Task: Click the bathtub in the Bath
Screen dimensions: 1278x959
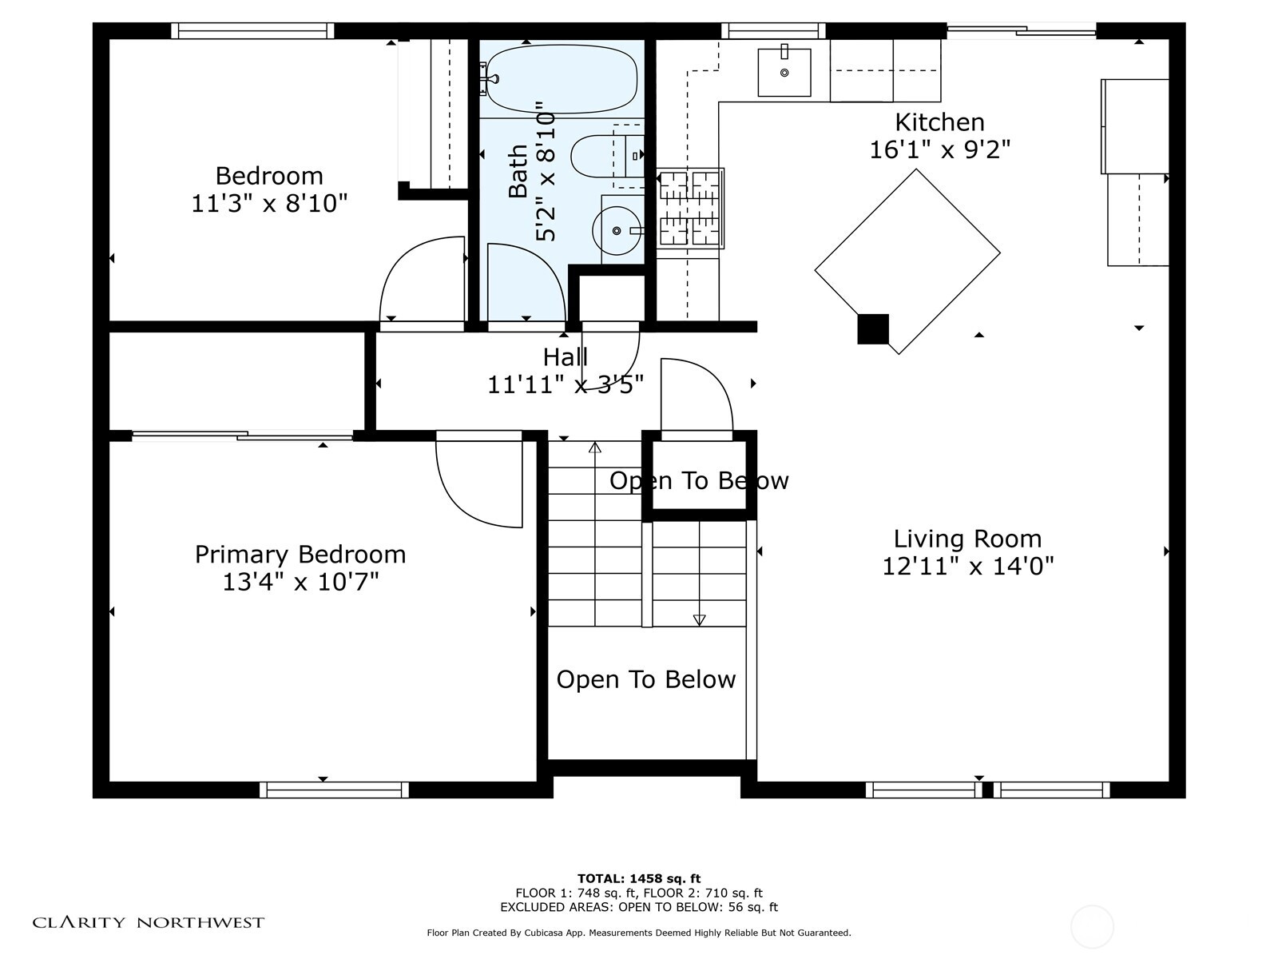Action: (x=562, y=79)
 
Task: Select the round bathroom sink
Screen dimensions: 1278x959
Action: (x=617, y=231)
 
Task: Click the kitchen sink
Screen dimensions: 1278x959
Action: (x=784, y=72)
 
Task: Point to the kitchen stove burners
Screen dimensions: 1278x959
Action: (x=690, y=208)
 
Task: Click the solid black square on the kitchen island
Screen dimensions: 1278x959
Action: (x=873, y=329)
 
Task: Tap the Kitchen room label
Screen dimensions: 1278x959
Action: (x=939, y=122)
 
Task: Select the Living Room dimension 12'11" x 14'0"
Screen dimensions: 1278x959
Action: (x=967, y=566)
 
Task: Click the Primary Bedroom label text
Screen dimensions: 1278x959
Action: (x=300, y=555)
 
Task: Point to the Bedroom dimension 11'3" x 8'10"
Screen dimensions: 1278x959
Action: (x=269, y=204)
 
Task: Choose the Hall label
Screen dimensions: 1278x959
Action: (x=565, y=357)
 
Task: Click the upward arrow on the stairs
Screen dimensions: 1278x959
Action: (x=594, y=448)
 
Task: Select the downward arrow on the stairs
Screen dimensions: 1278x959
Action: (x=699, y=620)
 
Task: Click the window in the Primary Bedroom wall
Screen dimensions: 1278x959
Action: (x=334, y=790)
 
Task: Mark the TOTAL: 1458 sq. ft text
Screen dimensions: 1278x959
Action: (x=639, y=878)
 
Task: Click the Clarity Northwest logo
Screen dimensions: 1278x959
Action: (x=148, y=922)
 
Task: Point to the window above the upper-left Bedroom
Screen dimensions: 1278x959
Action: (x=252, y=30)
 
